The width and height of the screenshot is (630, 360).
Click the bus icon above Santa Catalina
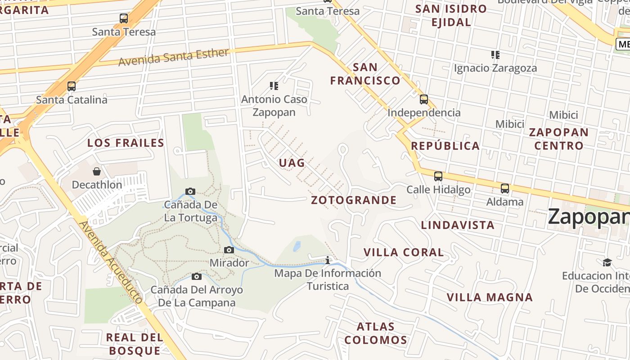click(x=71, y=86)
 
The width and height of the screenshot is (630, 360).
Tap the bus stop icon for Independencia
click(x=423, y=99)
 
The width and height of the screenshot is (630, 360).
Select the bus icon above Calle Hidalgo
click(x=438, y=176)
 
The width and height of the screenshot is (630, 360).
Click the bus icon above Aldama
click(x=505, y=188)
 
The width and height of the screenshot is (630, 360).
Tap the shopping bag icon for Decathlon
click(x=97, y=171)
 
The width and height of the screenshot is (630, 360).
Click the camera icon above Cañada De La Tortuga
click(x=190, y=192)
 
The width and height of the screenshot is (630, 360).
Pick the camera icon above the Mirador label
click(x=229, y=250)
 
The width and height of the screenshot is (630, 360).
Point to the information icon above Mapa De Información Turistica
click(x=328, y=260)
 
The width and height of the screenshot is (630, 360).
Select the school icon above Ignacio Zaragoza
click(x=495, y=55)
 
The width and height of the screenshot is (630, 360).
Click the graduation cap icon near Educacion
click(x=607, y=262)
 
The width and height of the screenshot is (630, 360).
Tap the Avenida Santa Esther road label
click(x=174, y=57)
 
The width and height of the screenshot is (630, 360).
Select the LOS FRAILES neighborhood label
click(x=126, y=143)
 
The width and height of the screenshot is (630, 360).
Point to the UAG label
click(x=292, y=163)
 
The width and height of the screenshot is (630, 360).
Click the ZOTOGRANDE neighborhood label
click(x=354, y=200)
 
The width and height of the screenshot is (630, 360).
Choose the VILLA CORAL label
click(x=404, y=252)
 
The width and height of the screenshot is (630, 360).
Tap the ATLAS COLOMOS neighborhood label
click(x=376, y=333)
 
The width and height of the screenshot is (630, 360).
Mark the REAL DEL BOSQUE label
click(x=135, y=344)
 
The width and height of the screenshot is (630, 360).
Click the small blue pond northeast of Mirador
click(x=297, y=246)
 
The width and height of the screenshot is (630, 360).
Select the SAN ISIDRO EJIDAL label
click(x=451, y=15)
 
